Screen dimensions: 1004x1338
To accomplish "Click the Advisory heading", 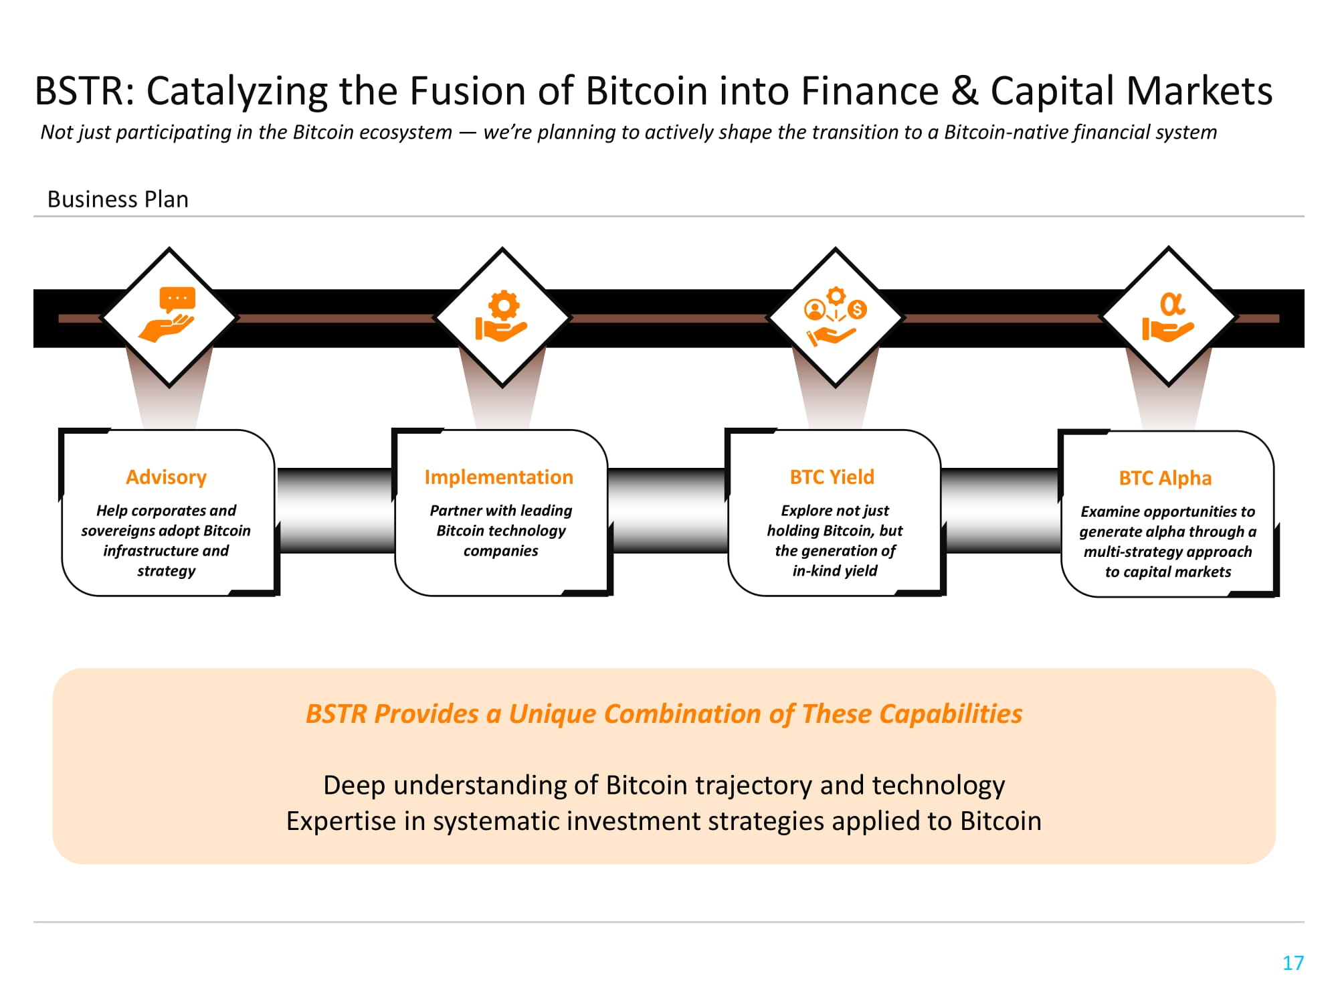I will tap(166, 477).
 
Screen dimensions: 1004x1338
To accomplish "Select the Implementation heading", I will tap(498, 477).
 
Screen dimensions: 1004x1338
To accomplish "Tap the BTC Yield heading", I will tap(832, 477).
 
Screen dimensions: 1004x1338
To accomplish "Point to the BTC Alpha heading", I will tap(1165, 479).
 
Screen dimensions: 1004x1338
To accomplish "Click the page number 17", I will tap(1293, 963).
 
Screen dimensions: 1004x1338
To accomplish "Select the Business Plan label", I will tap(118, 199).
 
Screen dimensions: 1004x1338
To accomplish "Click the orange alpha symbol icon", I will tap(1171, 305).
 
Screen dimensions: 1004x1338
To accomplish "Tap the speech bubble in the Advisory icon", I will tap(177, 299).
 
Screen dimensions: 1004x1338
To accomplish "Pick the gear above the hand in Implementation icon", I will tap(504, 306).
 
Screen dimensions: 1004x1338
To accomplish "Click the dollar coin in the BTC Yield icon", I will tap(857, 310).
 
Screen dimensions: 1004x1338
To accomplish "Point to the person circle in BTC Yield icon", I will tap(814, 310).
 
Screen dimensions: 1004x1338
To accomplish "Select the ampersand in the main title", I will tap(964, 91).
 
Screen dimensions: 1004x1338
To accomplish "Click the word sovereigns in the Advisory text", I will tap(119, 531).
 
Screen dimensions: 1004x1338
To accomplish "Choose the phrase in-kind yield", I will tap(834, 571).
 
